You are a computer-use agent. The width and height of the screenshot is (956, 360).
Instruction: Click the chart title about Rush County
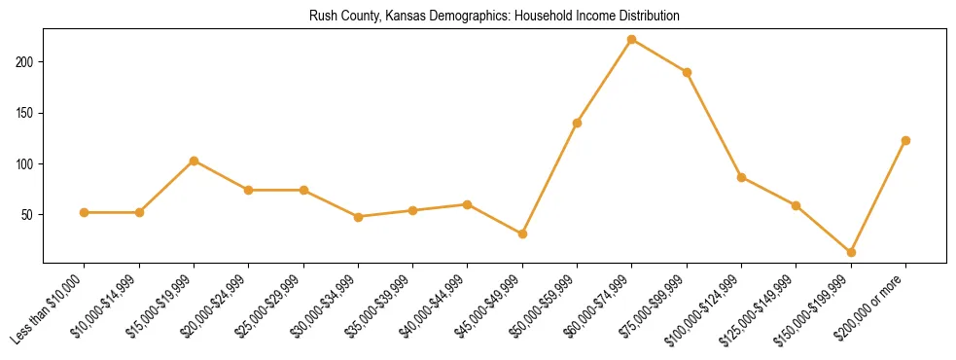tap(494, 17)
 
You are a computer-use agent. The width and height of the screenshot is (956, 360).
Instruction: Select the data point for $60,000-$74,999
tap(632, 40)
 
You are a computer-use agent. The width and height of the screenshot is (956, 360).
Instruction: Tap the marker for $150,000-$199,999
tap(851, 252)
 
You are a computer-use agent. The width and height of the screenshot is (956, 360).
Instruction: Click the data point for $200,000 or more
tap(905, 140)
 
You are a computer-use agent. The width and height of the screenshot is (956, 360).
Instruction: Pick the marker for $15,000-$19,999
tap(194, 161)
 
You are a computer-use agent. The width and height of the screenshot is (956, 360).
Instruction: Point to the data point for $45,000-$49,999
tap(522, 234)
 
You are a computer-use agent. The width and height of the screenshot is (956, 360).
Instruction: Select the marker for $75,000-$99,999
tap(687, 72)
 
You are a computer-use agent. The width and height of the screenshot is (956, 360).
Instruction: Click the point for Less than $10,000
tap(85, 212)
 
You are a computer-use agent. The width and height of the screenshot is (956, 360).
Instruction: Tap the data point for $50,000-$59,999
tap(577, 123)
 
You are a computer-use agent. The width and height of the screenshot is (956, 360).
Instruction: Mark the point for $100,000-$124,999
tap(741, 177)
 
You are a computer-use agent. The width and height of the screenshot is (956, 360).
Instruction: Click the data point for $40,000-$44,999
tap(468, 204)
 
